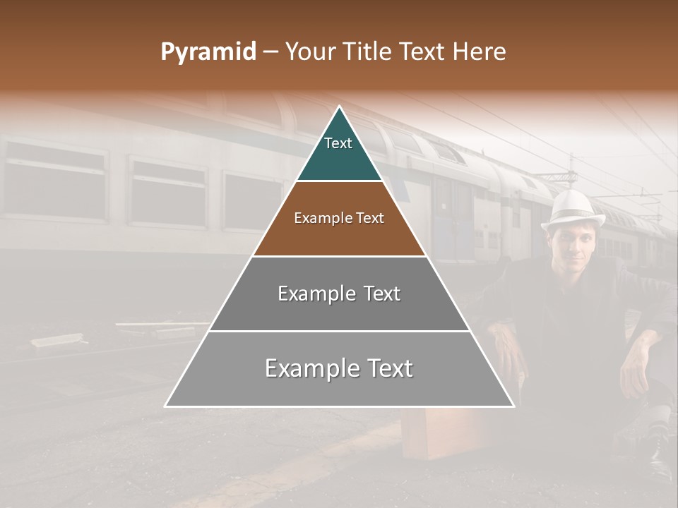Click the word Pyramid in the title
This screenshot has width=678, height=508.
coord(208,52)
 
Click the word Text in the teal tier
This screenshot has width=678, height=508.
coord(338,143)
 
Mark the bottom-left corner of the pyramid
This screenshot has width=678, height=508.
coord(166,406)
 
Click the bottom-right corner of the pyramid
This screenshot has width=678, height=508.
coord(513,406)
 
